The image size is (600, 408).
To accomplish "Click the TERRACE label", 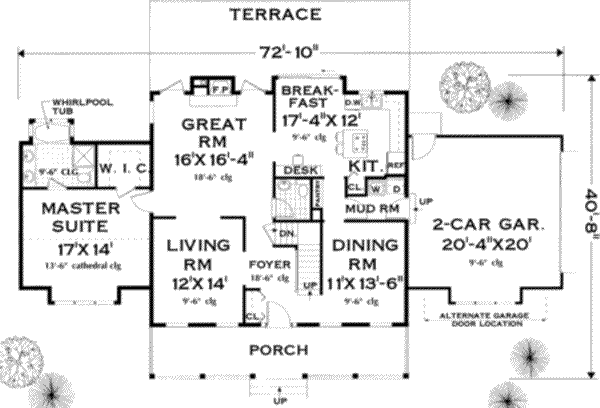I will point(274,14).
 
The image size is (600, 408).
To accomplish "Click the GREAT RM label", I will point(214,135).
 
